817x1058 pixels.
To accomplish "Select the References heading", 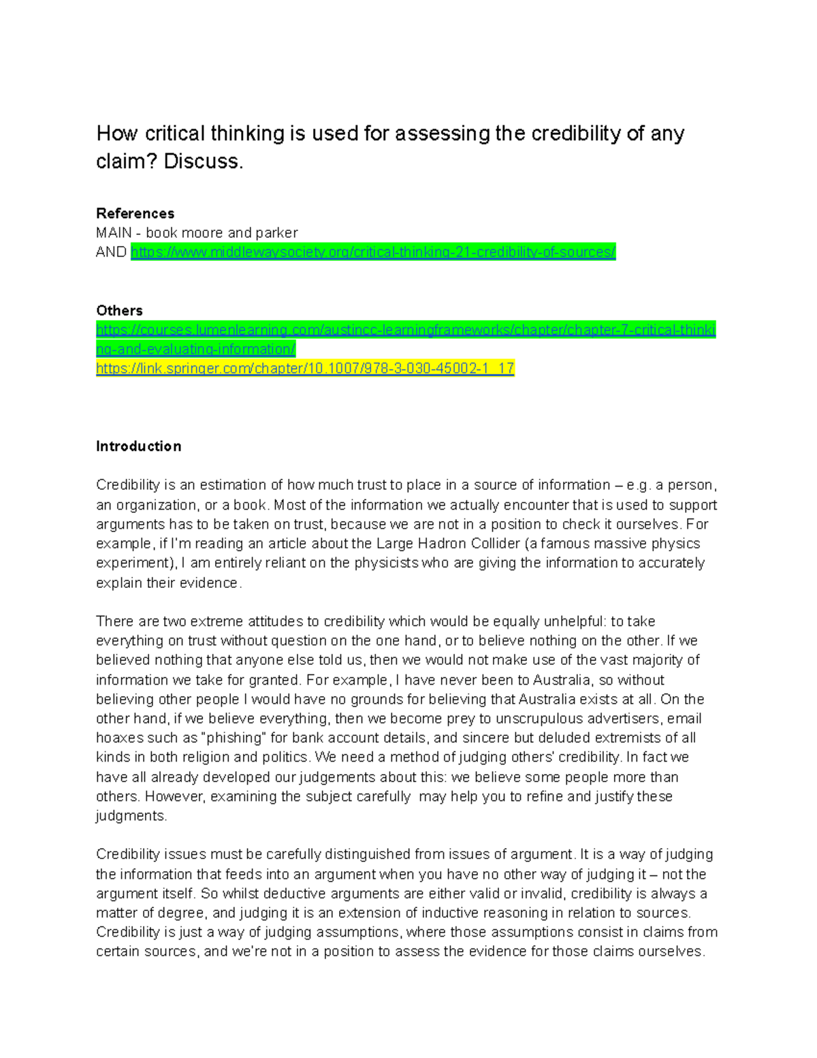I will (135, 213).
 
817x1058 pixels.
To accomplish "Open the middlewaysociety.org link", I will (372, 252).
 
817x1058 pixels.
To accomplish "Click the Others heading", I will (119, 311).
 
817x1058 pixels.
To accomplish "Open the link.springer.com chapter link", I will (305, 369).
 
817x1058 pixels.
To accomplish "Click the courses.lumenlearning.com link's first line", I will (406, 330).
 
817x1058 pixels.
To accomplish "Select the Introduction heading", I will (138, 446).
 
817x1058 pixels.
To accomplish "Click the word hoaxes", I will (118, 738).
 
